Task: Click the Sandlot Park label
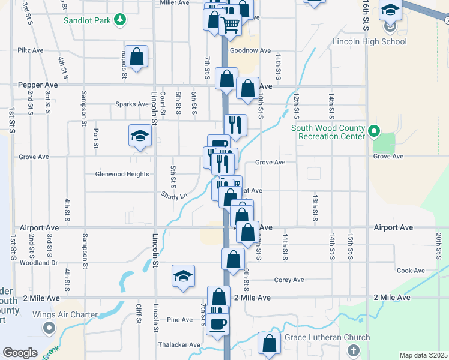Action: pyautogui.click(x=89, y=20)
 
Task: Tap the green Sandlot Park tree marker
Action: pyautogui.click(x=121, y=20)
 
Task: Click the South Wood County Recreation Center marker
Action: pyautogui.click(x=374, y=130)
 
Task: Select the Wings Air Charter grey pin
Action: pyautogui.click(x=49, y=328)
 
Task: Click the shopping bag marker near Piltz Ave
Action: pyautogui.click(x=137, y=56)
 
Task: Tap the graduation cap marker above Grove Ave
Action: pyautogui.click(x=140, y=136)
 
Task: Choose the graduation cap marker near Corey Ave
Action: pyautogui.click(x=184, y=276)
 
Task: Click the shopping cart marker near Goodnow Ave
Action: pyautogui.click(x=231, y=25)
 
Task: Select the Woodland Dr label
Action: pyautogui.click(x=38, y=262)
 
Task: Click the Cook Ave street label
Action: pyautogui.click(x=411, y=271)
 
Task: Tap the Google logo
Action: pyautogui.click(x=20, y=353)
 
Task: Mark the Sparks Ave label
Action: pyautogui.click(x=132, y=104)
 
